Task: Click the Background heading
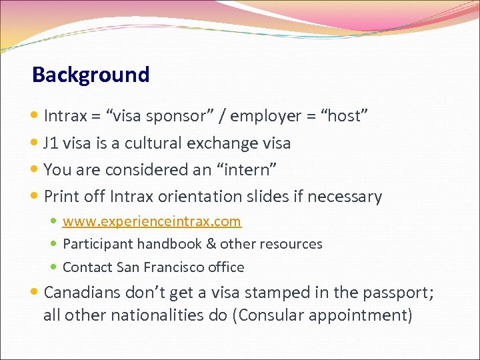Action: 91,74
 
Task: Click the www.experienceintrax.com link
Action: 151,221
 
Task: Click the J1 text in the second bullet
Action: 51,143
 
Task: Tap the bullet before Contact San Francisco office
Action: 55,267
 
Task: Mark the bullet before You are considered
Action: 35,170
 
